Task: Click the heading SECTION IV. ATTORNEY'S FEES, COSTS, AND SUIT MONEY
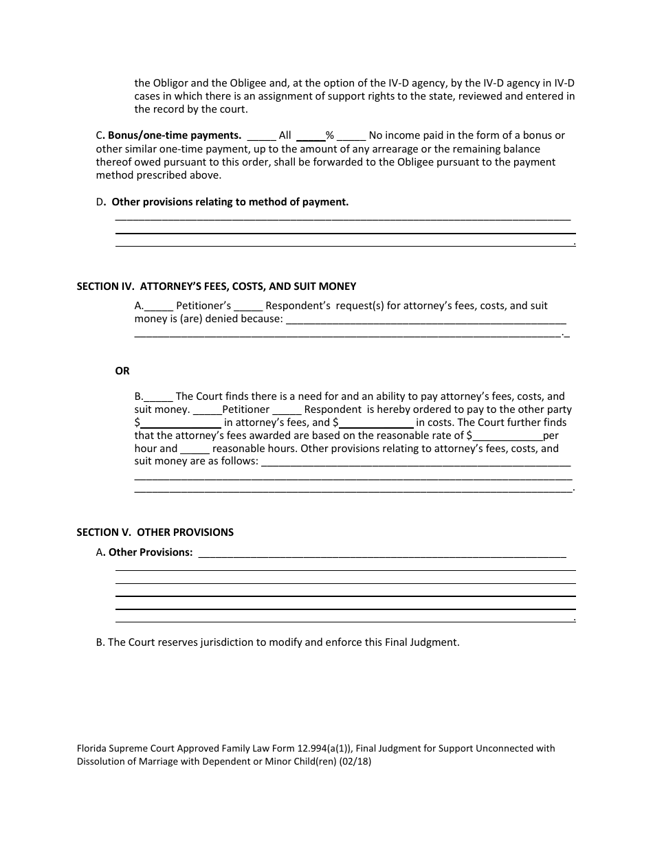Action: pyautogui.click(x=217, y=286)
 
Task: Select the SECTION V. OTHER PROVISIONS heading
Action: pyautogui.click(x=155, y=532)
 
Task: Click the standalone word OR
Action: pyautogui.click(x=122, y=371)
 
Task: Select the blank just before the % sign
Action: pyautogui.click(x=311, y=137)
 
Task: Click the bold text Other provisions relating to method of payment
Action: pyautogui.click(x=230, y=202)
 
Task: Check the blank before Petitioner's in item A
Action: pyautogui.click(x=159, y=307)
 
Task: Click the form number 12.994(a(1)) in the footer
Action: pyautogui.click(x=309, y=749)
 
